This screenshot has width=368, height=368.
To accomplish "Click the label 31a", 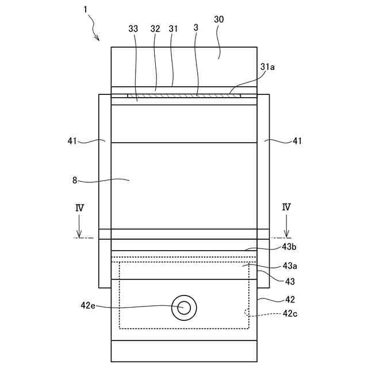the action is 267,67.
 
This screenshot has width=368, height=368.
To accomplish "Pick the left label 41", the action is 73,140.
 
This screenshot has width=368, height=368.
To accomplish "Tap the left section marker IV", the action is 79,208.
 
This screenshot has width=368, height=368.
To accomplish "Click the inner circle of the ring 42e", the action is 185,307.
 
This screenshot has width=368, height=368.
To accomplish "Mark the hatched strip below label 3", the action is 184,96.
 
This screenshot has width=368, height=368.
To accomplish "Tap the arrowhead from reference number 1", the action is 98,39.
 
